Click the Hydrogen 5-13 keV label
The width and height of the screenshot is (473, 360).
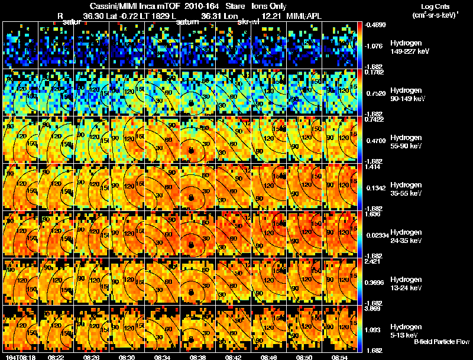(x=406, y=331)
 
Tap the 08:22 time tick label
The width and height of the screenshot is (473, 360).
(x=56, y=356)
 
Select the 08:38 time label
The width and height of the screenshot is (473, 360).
(x=197, y=356)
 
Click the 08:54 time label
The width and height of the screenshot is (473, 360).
(x=339, y=356)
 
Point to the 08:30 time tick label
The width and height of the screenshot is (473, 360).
(x=127, y=356)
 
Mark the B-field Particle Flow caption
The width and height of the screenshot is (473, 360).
(x=442, y=342)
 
